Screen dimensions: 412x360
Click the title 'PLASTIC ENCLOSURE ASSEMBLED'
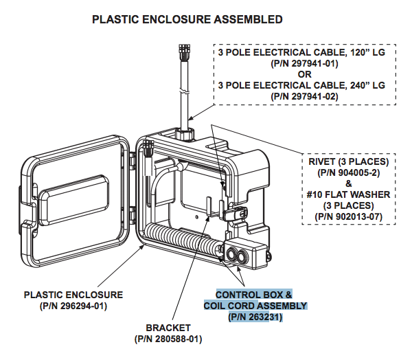coord(187,19)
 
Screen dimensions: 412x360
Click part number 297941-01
coord(304,63)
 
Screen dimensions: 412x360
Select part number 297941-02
coord(304,96)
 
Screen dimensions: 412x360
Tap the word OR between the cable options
coord(304,74)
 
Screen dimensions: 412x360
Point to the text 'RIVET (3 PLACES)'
coord(348,161)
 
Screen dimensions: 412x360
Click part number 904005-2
coord(348,172)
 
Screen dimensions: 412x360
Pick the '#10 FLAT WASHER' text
coord(348,194)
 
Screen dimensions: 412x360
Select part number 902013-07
coord(348,216)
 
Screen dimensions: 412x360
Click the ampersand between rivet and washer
coord(348,183)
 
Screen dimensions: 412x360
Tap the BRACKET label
coord(168,328)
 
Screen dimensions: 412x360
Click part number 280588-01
coord(168,339)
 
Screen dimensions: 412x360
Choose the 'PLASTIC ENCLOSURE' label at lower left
coord(73,295)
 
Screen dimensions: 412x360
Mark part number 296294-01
coord(73,306)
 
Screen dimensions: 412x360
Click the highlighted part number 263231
coord(255,317)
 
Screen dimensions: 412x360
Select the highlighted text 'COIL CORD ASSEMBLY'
coord(255,306)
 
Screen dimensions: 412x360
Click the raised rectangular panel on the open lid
coord(74,199)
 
